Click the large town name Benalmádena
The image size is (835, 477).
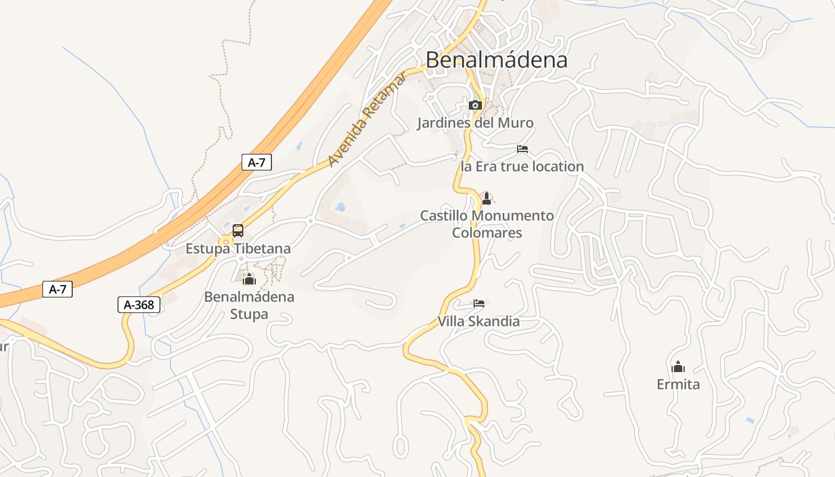pos(496,60)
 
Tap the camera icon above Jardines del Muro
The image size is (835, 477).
pos(475,106)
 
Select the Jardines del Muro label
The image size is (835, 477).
pos(475,123)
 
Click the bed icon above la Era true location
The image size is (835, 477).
pos(522,149)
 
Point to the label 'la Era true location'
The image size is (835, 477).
pos(522,166)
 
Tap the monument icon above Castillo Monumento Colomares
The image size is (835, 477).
pos(487,199)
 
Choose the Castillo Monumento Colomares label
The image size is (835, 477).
pos(487,224)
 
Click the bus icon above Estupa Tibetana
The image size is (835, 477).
pos(237,231)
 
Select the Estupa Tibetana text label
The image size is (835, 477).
pos(238,249)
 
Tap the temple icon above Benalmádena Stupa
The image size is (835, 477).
pos(249,279)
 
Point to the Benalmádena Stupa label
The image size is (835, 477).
pos(249,305)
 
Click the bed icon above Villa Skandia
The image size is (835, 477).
pos(478,303)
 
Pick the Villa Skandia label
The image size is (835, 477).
pos(478,321)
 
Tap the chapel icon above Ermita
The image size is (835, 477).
pos(678,367)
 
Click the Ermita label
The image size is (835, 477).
pos(678,385)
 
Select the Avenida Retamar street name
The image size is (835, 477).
pos(367,119)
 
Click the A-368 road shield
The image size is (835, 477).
pos(138,305)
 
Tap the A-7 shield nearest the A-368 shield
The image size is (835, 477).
pos(57,290)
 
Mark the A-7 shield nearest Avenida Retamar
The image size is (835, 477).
pos(256,162)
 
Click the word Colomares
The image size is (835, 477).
pos(487,233)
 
